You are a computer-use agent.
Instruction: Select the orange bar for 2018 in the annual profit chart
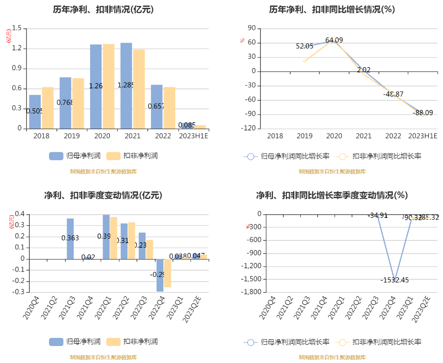(48, 108)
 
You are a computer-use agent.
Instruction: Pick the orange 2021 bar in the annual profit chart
(139, 89)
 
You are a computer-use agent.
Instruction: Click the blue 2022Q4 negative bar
(160, 275)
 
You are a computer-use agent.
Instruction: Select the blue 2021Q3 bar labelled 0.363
(70, 229)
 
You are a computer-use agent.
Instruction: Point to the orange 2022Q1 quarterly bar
(113, 238)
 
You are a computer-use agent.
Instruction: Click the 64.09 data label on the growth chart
(334, 40)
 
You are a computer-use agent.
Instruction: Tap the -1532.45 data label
(394, 280)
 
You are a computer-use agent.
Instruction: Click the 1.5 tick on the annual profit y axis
(17, 28)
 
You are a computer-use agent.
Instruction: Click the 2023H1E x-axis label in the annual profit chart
(193, 136)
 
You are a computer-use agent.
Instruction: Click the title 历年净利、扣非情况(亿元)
(103, 10)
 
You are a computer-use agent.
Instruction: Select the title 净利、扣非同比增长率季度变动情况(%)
(332, 195)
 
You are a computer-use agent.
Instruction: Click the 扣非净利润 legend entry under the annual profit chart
(133, 156)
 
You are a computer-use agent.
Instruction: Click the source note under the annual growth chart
(332, 172)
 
